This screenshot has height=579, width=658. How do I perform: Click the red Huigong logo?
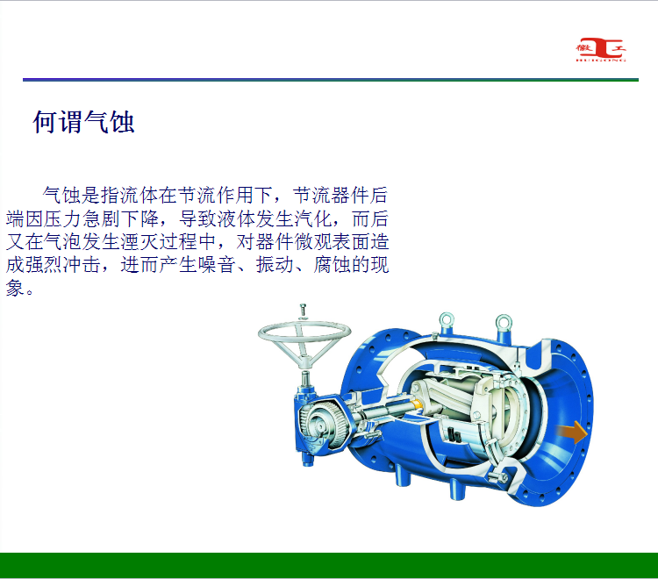601,49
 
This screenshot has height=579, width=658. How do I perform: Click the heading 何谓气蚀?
84,122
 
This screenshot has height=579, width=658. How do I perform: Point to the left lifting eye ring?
447,320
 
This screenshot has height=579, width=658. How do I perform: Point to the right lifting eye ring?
504,323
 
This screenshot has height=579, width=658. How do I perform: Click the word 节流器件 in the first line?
331,195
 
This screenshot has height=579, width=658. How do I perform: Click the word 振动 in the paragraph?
275,265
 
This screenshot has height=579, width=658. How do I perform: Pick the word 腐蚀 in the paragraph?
332,265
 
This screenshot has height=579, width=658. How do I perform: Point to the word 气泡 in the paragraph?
63,241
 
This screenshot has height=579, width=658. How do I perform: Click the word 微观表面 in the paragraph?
332,241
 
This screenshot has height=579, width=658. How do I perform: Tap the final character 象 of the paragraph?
15,288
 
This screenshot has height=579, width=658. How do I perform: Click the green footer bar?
329,565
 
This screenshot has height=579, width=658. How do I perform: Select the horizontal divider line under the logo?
331,80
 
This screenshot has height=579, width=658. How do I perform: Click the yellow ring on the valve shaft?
416,404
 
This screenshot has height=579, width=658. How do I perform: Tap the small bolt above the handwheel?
303,311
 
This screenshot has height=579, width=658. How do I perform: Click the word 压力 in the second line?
63,218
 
